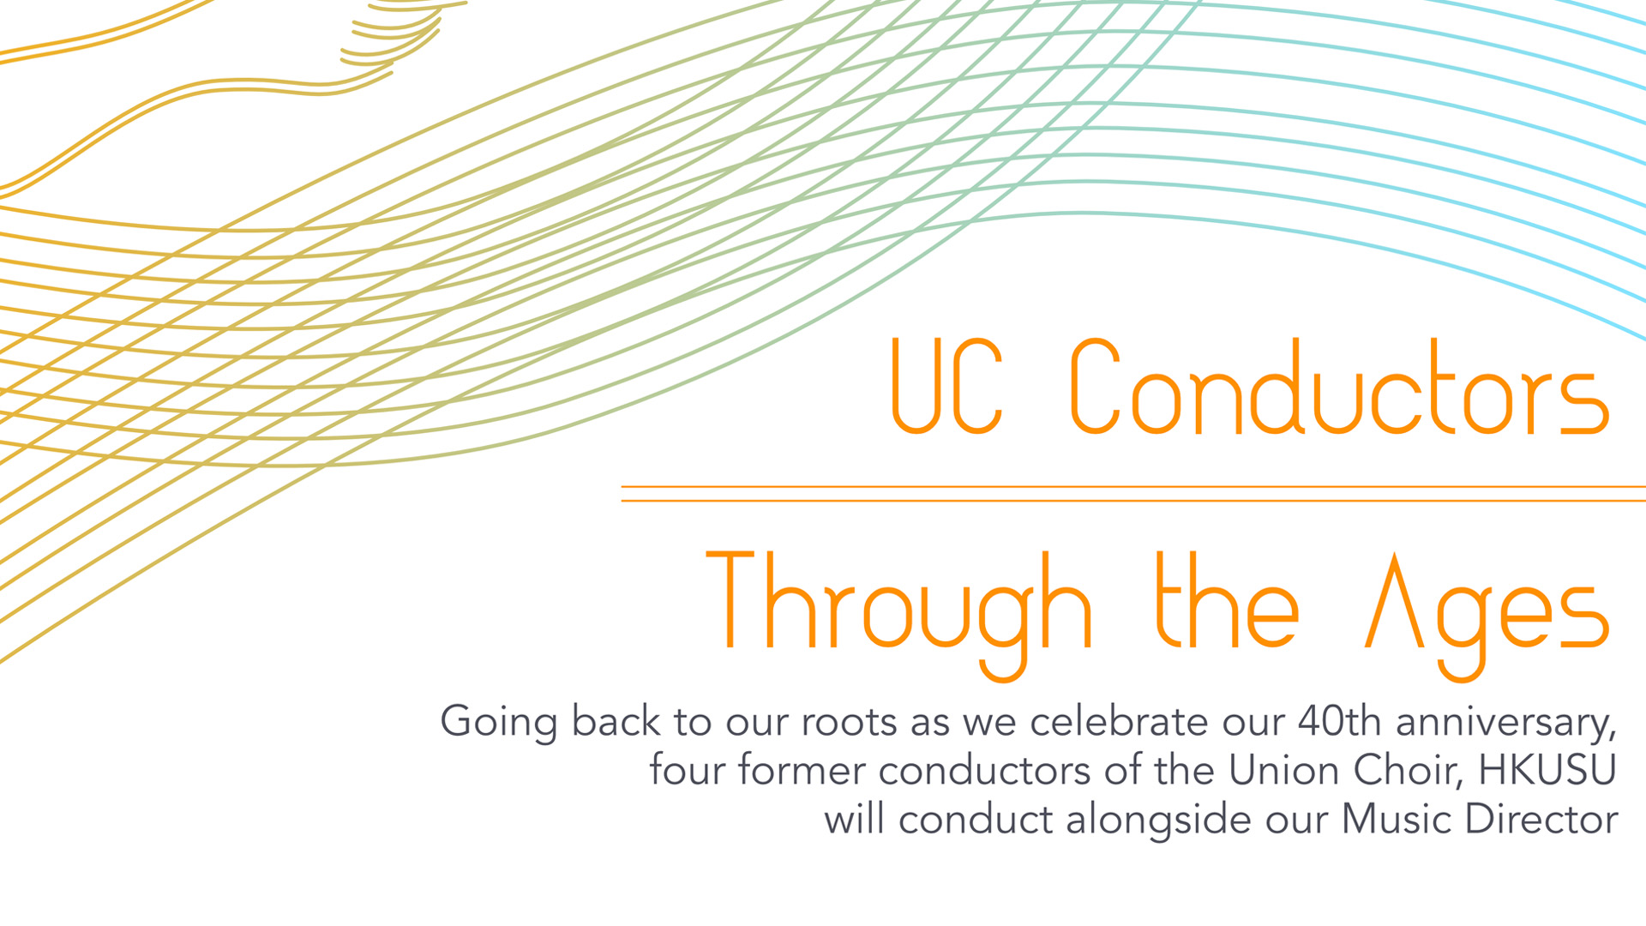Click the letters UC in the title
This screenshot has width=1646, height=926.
click(x=946, y=386)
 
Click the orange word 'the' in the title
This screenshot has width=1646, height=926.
click(x=1228, y=600)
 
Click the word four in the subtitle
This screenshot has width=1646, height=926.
click(x=686, y=770)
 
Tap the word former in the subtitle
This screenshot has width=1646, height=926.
click(x=802, y=770)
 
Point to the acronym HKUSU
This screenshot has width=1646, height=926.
click(x=1547, y=770)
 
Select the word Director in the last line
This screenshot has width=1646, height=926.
click(x=1541, y=820)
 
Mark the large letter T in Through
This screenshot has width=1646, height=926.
click(x=730, y=599)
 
